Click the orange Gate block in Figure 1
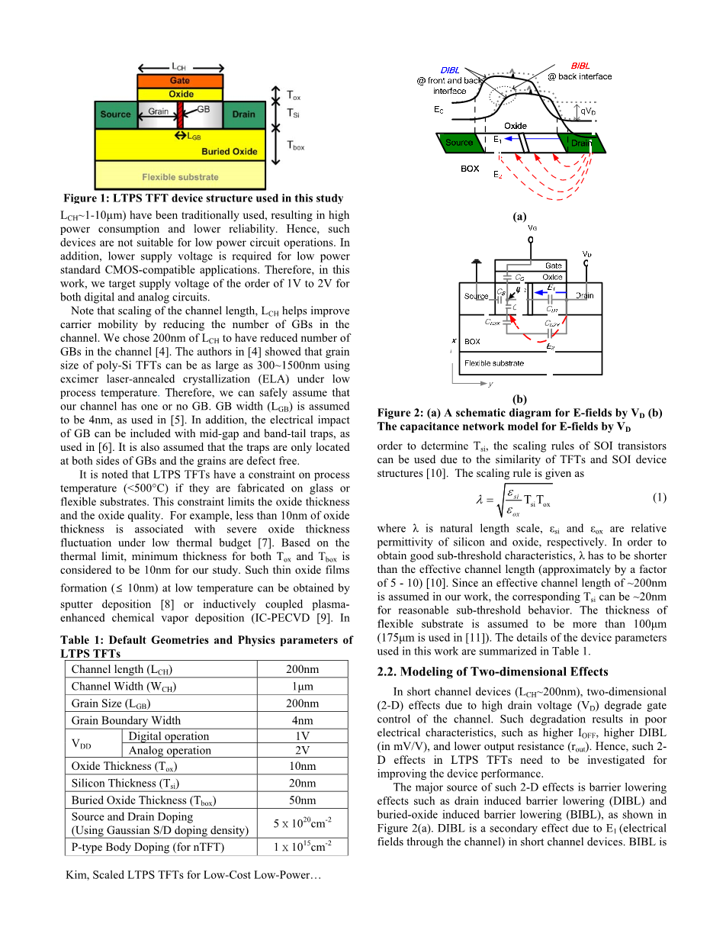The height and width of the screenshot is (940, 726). [x=180, y=80]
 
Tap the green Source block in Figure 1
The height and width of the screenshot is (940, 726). [x=115, y=114]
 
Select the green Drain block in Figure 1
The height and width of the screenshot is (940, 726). [x=243, y=114]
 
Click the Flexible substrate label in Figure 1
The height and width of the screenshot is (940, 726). [x=180, y=177]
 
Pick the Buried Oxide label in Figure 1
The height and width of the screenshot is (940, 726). [x=230, y=151]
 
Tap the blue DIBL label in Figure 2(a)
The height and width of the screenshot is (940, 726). [x=450, y=70]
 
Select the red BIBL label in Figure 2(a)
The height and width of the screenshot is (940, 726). [x=580, y=66]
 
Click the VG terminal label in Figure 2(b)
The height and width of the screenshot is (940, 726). [x=531, y=227]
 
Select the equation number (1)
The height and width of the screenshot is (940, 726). [x=660, y=497]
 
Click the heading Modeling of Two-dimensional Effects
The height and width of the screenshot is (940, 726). [x=493, y=671]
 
